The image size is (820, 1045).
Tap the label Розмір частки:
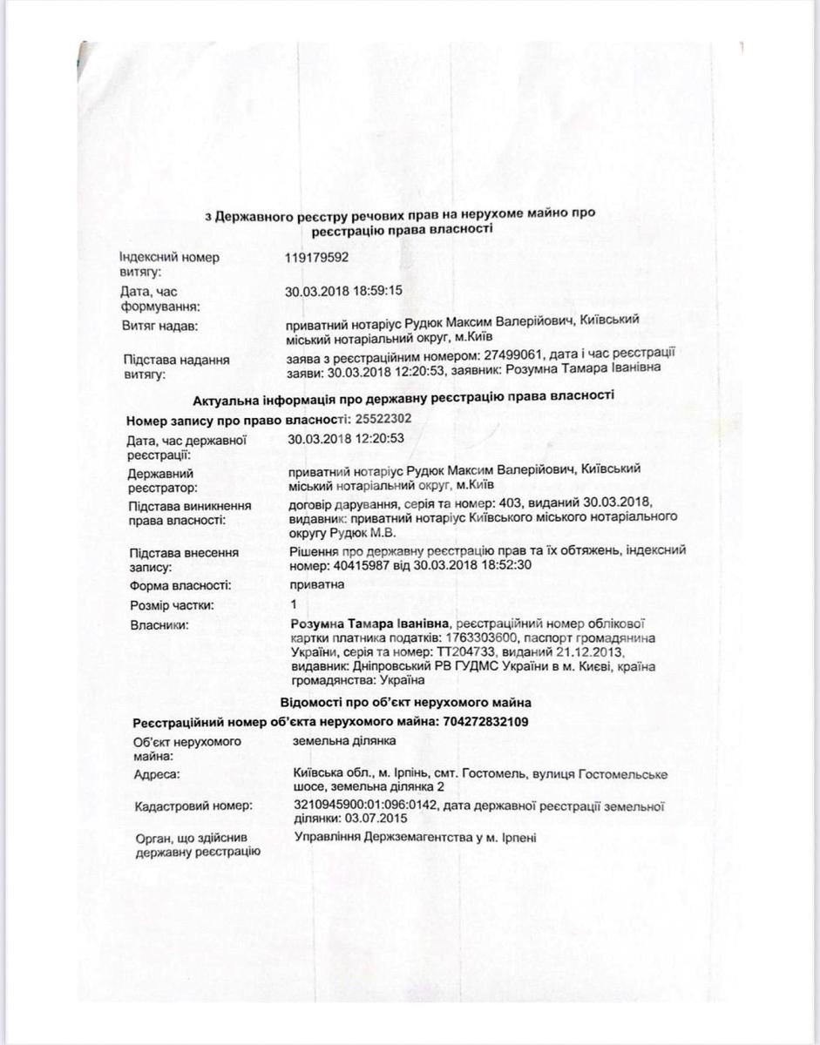click(171, 605)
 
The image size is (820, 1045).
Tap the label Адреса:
click(157, 774)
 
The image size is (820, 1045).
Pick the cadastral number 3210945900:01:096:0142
click(364, 806)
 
